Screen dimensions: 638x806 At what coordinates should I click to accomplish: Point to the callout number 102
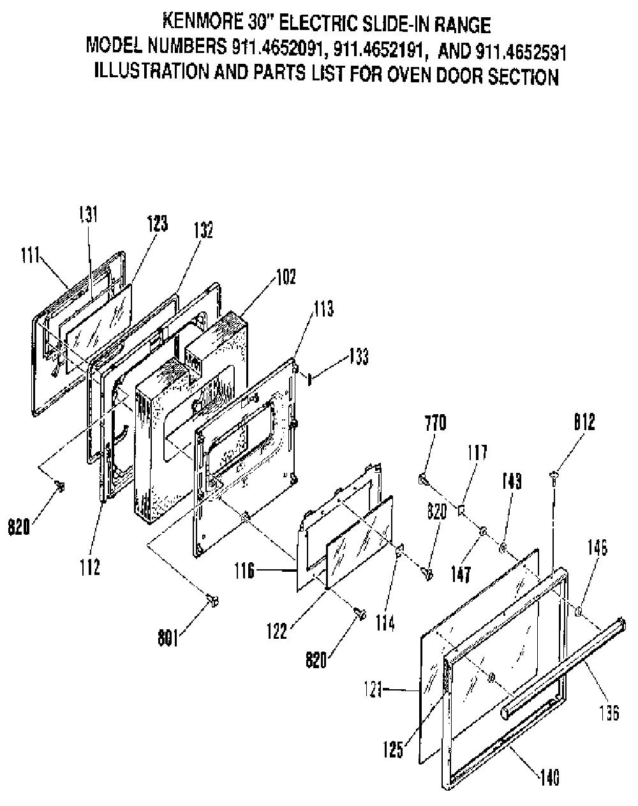[286, 277]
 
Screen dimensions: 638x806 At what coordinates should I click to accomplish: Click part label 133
[359, 356]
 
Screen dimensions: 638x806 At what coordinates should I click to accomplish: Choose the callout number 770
[436, 423]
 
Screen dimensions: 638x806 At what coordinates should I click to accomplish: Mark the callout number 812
[584, 422]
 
